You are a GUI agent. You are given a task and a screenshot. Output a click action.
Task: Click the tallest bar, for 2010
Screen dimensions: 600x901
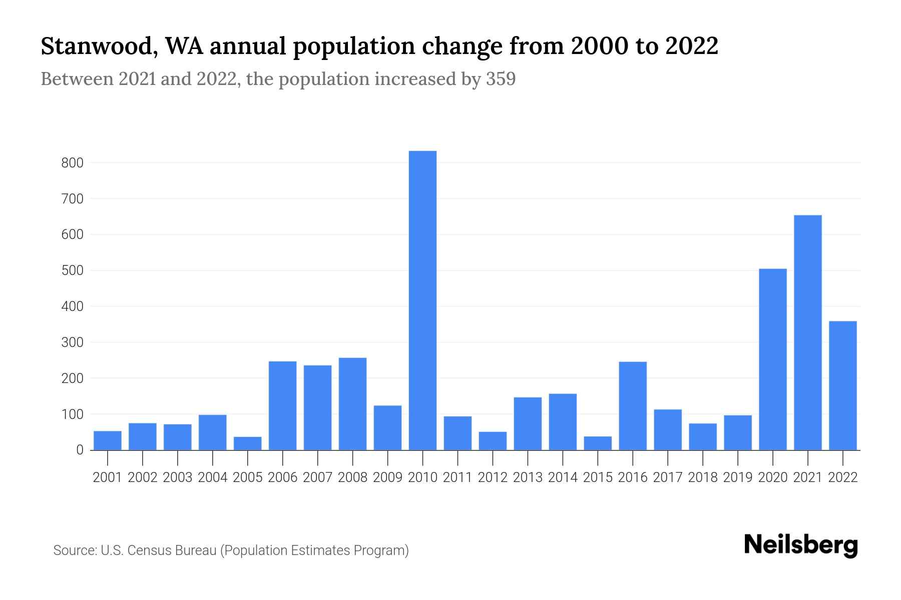[x=422, y=300]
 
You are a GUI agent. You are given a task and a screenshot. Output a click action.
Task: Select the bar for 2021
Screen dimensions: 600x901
[x=807, y=332]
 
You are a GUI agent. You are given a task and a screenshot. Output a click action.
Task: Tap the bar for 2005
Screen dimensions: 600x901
[x=247, y=443]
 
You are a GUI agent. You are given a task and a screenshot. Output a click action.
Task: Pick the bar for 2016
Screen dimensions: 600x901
[x=633, y=405]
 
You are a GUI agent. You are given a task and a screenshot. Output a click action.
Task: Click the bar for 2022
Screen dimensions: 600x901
[x=842, y=385]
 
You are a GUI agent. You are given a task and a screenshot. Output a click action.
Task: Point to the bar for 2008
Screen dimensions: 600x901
[x=352, y=403]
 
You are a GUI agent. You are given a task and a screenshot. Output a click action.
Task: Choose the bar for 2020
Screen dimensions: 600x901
[x=772, y=359]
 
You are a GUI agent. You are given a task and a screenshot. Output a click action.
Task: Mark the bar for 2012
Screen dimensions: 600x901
[x=493, y=440]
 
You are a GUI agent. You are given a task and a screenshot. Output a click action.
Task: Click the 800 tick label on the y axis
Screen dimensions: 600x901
[x=73, y=163]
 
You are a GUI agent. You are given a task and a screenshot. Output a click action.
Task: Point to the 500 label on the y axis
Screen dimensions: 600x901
[x=73, y=270]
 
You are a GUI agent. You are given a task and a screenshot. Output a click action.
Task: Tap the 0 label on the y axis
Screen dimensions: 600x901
[x=80, y=450]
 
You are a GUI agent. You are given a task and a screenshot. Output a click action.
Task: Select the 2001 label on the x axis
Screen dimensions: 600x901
[x=108, y=477]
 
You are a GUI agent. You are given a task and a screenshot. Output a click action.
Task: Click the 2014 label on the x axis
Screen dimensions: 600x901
[x=563, y=477]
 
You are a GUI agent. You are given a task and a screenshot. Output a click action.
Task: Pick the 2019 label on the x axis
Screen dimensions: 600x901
[x=738, y=477]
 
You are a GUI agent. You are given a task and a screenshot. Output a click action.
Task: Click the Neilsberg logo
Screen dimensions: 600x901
[x=801, y=545]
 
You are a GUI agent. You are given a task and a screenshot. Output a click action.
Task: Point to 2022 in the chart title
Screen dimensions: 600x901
[x=692, y=46]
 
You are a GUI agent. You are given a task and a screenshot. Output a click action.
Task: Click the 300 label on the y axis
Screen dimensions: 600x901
[x=73, y=342]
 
